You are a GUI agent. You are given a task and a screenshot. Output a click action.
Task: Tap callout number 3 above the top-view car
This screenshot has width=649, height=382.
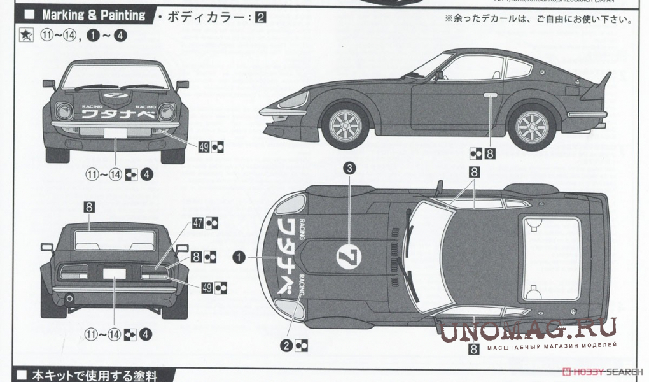coord(349,168)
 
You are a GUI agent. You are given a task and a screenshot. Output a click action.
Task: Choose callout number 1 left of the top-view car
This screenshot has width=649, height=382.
coord(239,257)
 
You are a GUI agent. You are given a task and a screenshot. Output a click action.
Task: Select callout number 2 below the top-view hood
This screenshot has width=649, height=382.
coord(288,346)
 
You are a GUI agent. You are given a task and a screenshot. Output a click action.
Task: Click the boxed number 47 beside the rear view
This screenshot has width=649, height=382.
coord(198,223)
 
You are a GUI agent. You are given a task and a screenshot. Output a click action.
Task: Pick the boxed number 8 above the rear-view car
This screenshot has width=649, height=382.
coord(89,206)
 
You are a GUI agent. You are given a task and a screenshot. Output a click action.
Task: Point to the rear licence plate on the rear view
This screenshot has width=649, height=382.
coord(115,272)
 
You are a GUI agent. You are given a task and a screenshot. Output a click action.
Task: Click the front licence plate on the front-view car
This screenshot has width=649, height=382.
coord(116,133)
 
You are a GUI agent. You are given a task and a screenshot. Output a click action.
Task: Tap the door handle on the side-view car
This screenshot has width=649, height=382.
coord(491,96)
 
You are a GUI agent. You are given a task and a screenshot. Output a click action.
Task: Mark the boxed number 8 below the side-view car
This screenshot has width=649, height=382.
coord(490,152)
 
